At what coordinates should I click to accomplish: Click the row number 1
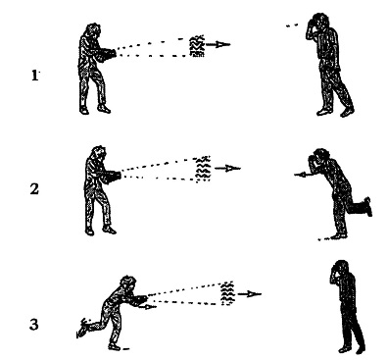pyautogui.click(x=34, y=76)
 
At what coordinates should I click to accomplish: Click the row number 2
pyautogui.click(x=34, y=189)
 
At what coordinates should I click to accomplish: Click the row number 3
pyautogui.click(x=34, y=325)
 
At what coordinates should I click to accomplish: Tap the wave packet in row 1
pyautogui.click(x=197, y=46)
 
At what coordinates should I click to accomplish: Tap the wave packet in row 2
pyautogui.click(x=203, y=169)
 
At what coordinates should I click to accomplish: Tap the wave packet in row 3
pyautogui.click(x=227, y=293)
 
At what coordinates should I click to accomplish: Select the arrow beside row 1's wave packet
pyautogui.click(x=218, y=44)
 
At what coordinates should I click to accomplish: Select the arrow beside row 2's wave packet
pyautogui.click(x=228, y=169)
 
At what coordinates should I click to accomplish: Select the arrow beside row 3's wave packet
pyautogui.click(x=249, y=294)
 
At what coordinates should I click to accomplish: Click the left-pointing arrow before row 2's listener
pyautogui.click(x=302, y=175)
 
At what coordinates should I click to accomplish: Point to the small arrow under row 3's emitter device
pyautogui.click(x=147, y=307)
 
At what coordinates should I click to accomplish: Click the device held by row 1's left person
pyautogui.click(x=106, y=54)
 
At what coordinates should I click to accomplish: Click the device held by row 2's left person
pyautogui.click(x=112, y=177)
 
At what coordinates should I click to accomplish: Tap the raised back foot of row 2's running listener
pyautogui.click(x=367, y=207)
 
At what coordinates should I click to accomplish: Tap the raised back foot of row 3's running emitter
pyautogui.click(x=82, y=328)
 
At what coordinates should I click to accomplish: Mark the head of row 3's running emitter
pyautogui.click(x=128, y=283)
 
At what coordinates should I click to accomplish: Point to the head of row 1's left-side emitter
pyautogui.click(x=93, y=30)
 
